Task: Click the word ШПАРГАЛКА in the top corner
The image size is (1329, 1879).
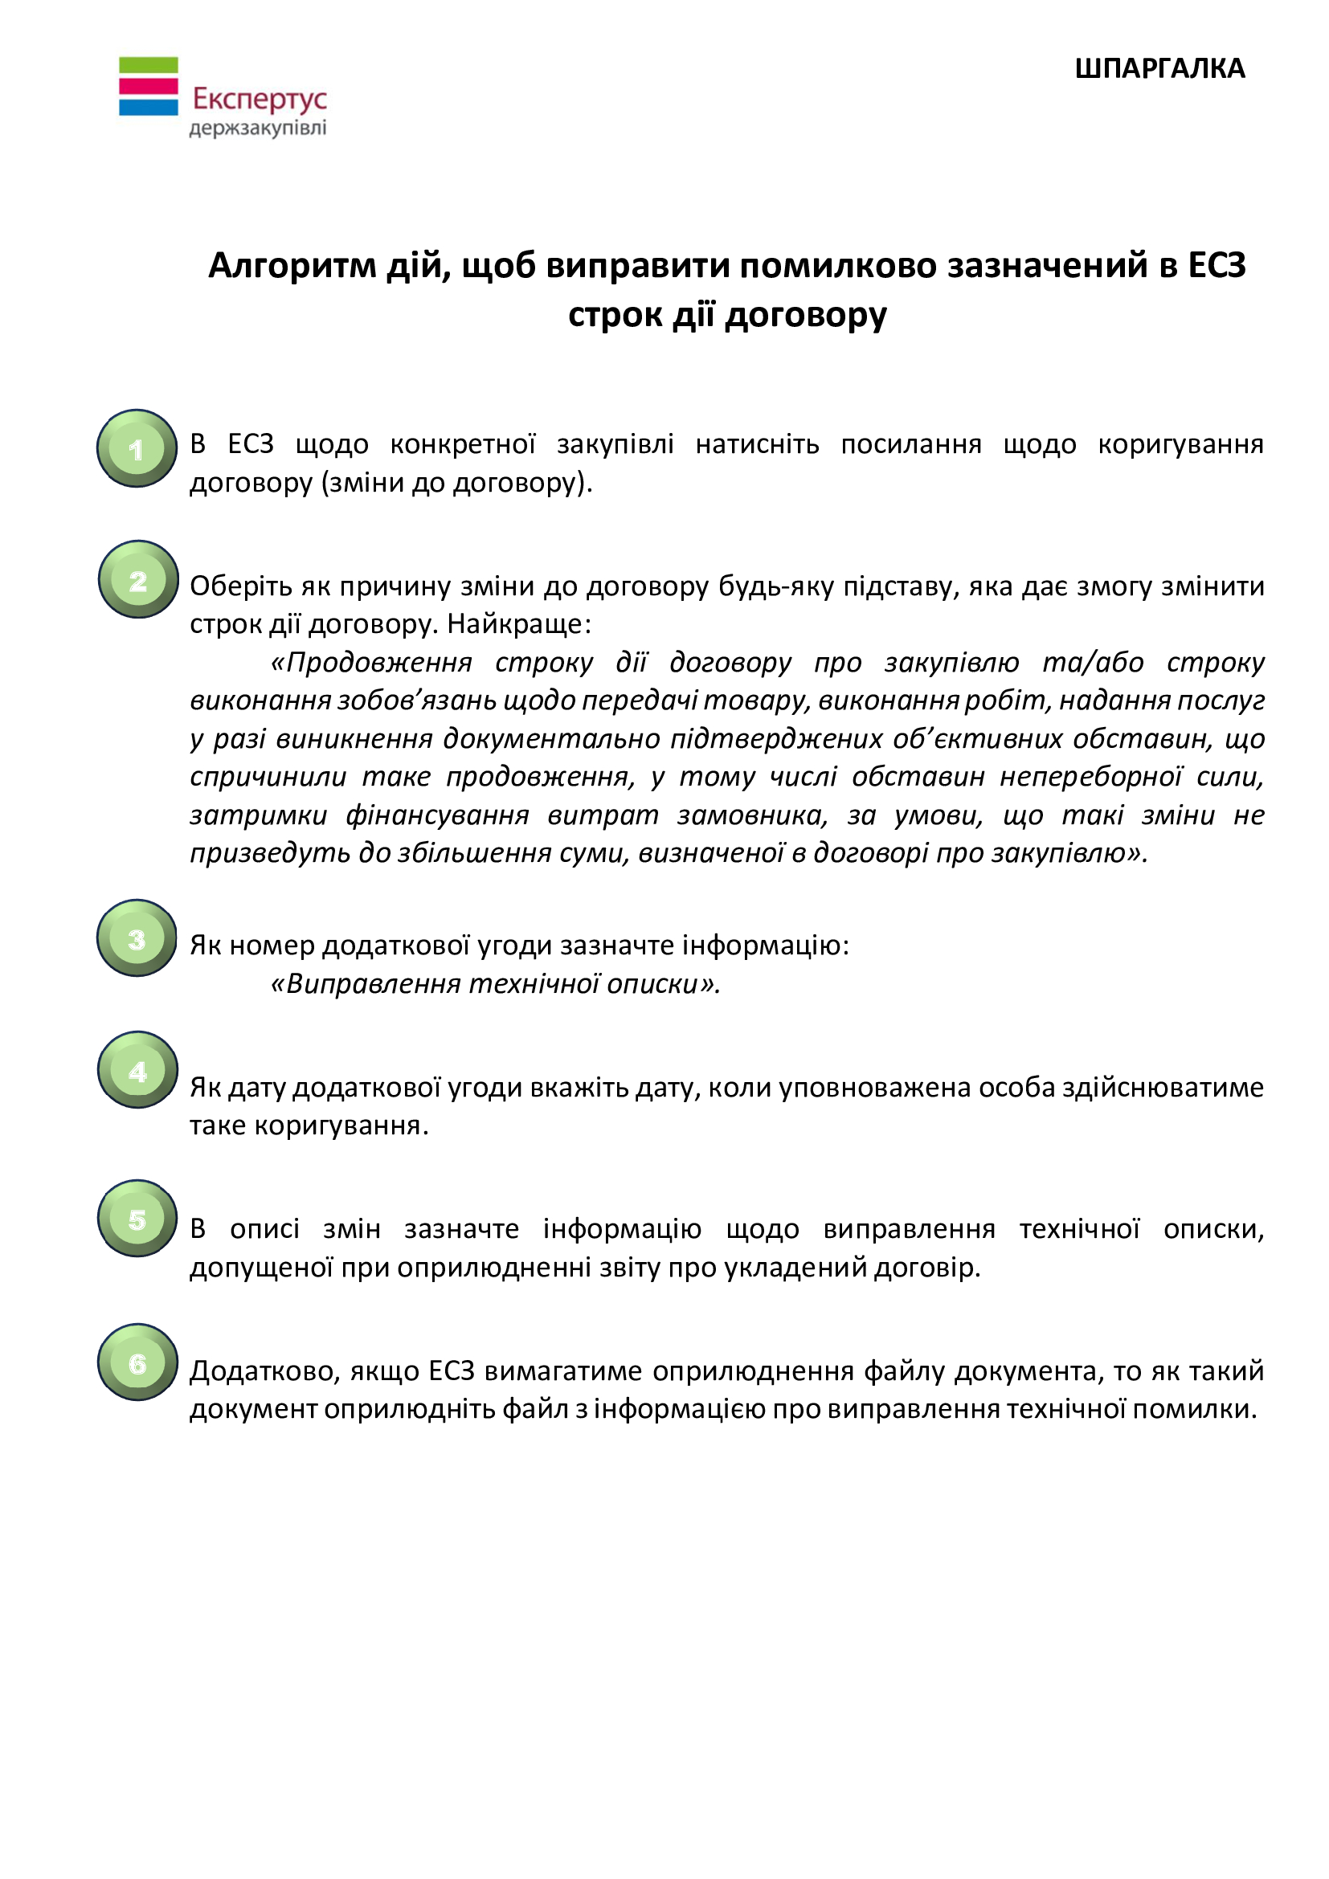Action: coord(1159,69)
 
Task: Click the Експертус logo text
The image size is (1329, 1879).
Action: coord(260,100)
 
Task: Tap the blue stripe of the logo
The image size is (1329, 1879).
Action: coord(148,106)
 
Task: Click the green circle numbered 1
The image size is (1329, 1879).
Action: coord(137,448)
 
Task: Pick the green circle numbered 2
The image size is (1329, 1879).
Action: coord(138,579)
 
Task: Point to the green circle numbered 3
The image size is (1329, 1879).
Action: coord(137,938)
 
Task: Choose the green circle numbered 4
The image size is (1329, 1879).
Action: coord(138,1069)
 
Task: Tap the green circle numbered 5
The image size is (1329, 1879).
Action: coord(137,1219)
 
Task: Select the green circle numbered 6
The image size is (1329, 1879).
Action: coord(138,1362)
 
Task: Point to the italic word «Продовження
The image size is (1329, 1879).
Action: coord(371,662)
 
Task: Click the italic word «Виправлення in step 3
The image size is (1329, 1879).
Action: coord(366,984)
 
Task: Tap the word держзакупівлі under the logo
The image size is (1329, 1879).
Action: coord(258,129)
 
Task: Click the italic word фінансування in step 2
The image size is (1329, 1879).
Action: coord(437,816)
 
